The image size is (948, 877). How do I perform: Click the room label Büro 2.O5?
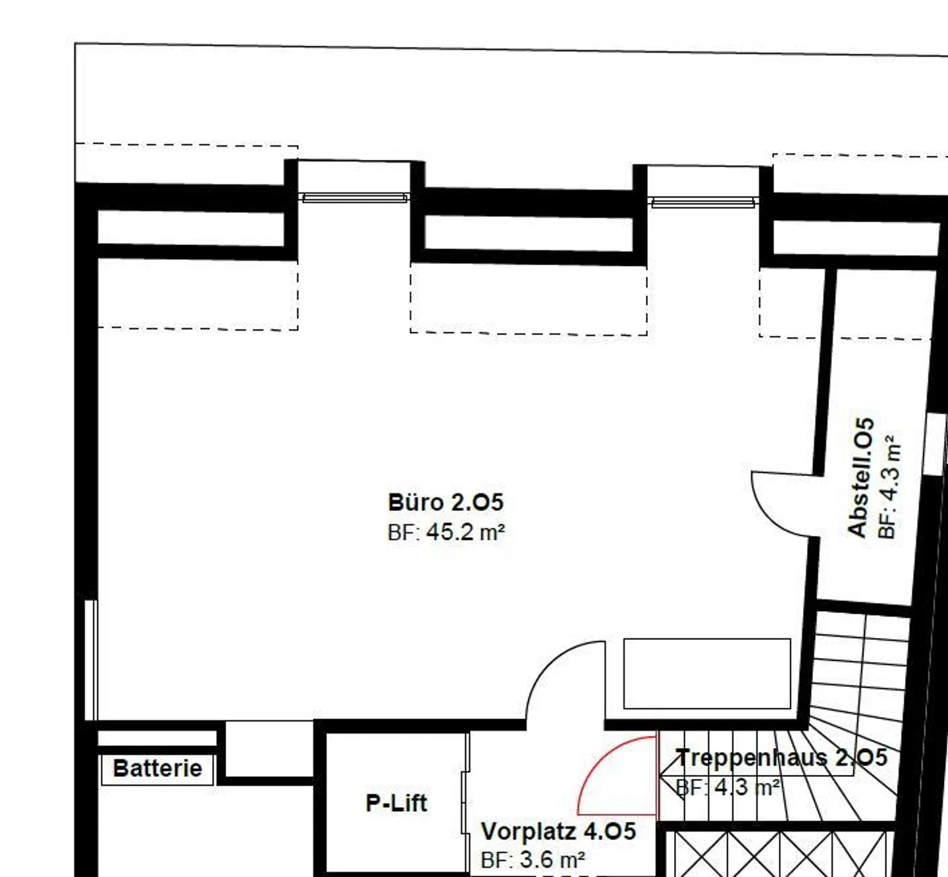point(446,502)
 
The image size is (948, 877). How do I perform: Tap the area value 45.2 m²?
point(465,532)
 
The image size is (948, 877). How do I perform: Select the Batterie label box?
point(157,769)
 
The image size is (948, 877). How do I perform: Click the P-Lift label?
point(396,803)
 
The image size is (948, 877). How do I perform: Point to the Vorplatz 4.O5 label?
point(558,831)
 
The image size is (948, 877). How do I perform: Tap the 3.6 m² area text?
point(552,860)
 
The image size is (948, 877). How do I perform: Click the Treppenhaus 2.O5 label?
point(781,758)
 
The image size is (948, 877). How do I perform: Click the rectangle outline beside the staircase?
point(707,674)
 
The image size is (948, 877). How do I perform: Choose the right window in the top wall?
point(703,202)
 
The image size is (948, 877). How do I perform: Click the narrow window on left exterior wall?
point(91,660)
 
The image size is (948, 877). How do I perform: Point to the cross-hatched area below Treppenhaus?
point(778,853)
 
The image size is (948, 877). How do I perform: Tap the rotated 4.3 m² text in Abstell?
point(889,487)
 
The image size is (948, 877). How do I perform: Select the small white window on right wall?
point(935,442)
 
